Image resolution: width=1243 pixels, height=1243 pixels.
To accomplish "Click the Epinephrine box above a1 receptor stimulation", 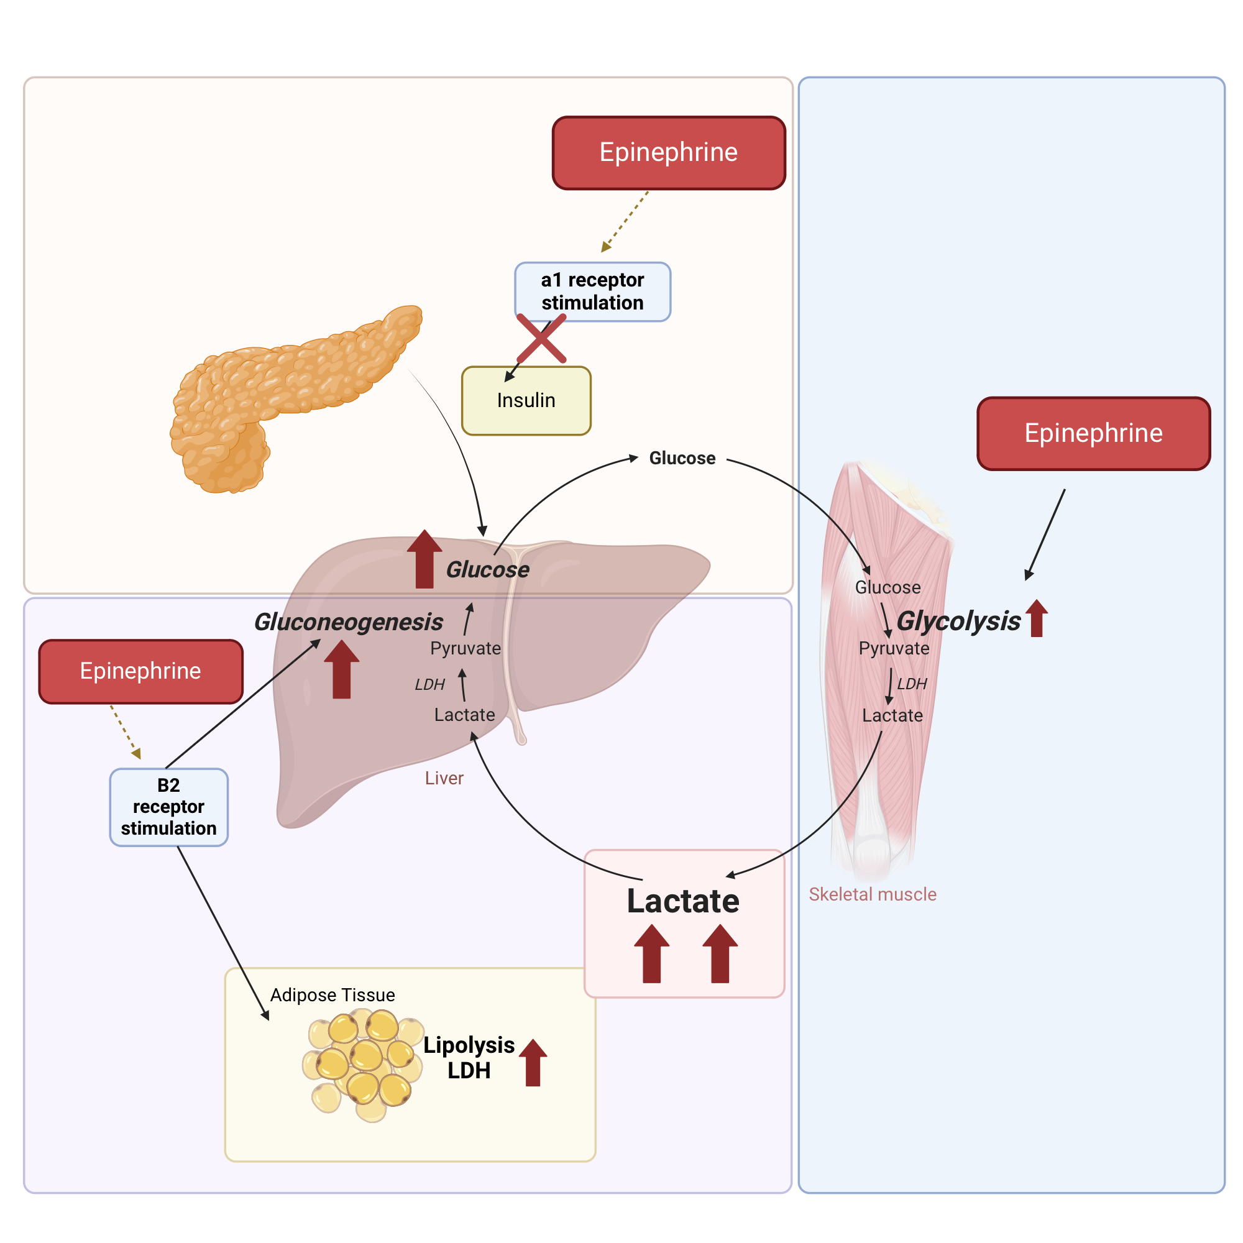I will (669, 153).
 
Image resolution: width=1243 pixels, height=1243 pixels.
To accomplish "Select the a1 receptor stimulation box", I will (592, 291).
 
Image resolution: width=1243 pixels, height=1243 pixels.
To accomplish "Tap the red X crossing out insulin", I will (542, 339).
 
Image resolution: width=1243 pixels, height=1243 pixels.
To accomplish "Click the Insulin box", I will (526, 401).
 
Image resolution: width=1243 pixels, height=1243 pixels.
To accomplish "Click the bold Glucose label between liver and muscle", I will (682, 458).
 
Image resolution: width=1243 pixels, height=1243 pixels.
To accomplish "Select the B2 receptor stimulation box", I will (168, 807).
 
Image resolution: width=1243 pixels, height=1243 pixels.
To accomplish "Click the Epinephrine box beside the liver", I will (140, 671).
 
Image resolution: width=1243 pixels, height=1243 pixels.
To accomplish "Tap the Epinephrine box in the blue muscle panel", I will (1093, 434).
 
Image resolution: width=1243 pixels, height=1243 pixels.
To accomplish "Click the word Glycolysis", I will (958, 621).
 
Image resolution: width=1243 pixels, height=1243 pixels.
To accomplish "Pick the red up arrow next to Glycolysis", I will (1037, 618).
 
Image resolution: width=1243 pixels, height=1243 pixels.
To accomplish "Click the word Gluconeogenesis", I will (348, 622).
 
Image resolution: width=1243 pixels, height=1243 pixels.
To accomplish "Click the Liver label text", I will (444, 779).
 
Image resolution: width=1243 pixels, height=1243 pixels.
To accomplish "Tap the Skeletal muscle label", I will (873, 894).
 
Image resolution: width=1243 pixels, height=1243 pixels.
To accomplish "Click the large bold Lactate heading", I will (682, 901).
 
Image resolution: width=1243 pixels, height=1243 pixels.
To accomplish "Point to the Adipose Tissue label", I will (332, 995).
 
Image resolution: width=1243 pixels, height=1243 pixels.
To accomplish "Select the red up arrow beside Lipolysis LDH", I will (533, 1063).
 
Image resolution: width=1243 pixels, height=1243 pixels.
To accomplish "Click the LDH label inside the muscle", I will (912, 684).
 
